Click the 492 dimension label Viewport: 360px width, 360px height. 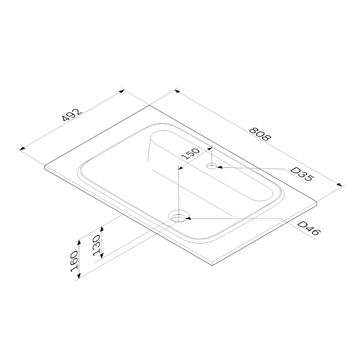tap(72, 115)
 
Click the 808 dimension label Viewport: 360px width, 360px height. tap(260, 134)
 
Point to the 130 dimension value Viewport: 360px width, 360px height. tap(97, 245)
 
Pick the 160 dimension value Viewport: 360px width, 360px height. tap(74, 261)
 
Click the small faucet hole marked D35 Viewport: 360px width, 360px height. tap(211, 166)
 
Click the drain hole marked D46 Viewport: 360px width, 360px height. tap(179, 216)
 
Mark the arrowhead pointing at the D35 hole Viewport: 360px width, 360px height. tap(220, 167)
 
